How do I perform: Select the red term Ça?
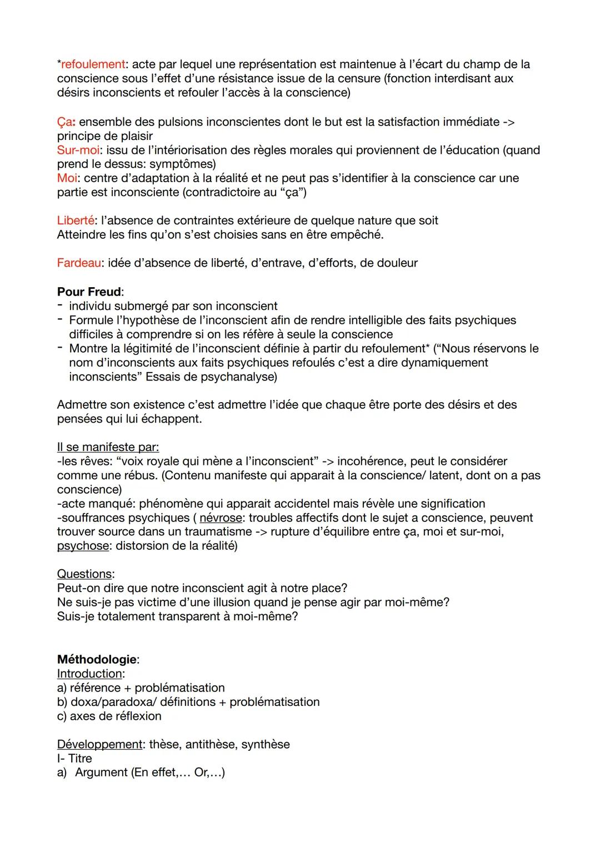pos(66,122)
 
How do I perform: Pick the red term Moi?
pos(67,178)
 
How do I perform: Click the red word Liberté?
pos(76,220)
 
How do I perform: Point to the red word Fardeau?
pos(79,263)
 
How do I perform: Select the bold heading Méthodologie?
pos(97,659)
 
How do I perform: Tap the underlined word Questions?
pos(84,574)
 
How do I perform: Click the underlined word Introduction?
pos(89,674)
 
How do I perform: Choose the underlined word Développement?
pos(99,744)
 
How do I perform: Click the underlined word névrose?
pos(220,518)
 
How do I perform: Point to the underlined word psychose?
pos(83,546)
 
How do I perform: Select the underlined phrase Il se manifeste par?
pos(108,447)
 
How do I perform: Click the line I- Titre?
pos(74,758)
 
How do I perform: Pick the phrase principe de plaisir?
pos(104,136)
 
